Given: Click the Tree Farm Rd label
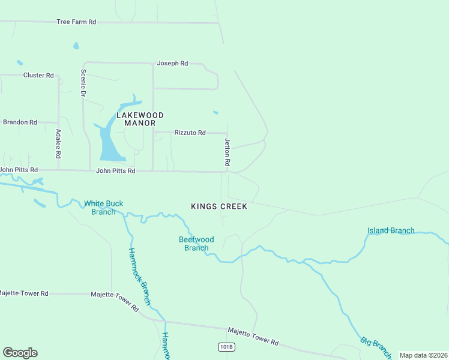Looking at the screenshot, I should (76, 22).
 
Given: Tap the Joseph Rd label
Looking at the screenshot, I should (172, 63).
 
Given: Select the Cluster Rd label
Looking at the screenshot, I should (38, 75).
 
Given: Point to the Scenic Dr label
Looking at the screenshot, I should (83, 83).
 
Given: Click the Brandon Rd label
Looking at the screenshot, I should (20, 122).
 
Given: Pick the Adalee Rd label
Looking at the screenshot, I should (58, 143).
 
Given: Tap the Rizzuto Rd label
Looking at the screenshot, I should (190, 133).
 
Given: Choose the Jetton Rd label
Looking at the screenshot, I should (228, 152).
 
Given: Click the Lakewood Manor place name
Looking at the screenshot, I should (140, 119).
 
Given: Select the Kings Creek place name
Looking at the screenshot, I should (219, 206).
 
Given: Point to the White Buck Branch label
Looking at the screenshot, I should (103, 208).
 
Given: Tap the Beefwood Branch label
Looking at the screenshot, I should (196, 244).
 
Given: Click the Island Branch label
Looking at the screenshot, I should (391, 230).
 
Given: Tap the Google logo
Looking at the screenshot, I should (20, 353).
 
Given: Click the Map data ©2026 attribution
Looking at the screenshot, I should (423, 355).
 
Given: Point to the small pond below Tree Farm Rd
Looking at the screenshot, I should (76, 46).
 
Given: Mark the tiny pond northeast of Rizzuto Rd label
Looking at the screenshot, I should (215, 112).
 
